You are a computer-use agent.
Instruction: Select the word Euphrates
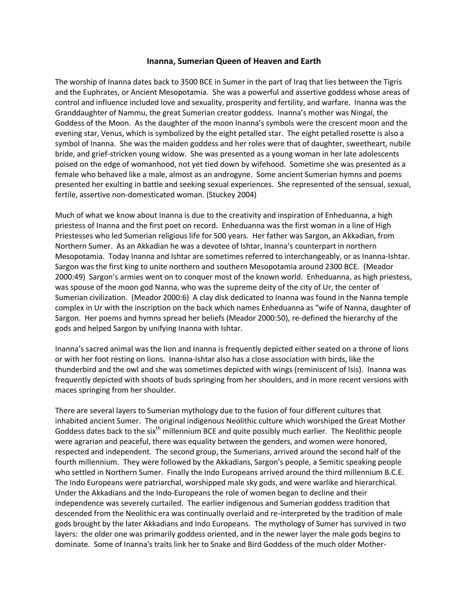(x=91, y=92)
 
